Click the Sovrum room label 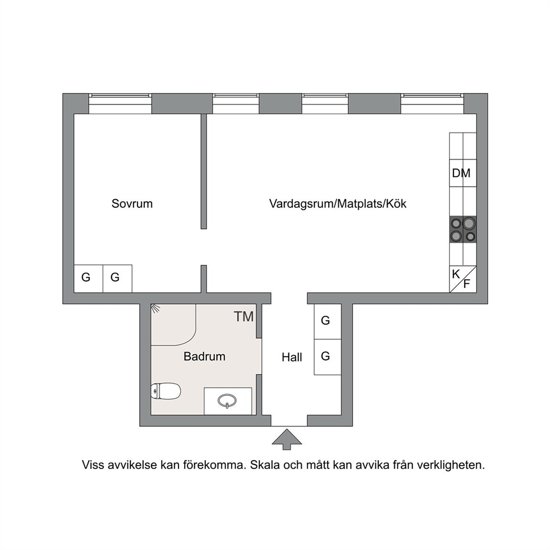coord(132,203)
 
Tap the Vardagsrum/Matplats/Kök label coord(338,203)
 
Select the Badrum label coord(205,357)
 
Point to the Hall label coord(292,358)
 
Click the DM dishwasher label coord(461,173)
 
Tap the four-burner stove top coord(463,230)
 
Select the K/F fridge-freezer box coord(463,279)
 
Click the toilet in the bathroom coord(166,391)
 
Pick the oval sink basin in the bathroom coord(227,400)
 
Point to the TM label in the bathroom coord(244,317)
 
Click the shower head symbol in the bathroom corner coord(155,308)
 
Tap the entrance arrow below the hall coord(287,439)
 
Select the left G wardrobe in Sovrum coord(88,279)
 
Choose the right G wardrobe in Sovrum coord(118,279)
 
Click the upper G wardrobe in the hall coord(328,322)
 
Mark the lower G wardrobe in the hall coord(328,357)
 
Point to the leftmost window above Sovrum coord(120,104)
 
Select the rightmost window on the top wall coord(432,104)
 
